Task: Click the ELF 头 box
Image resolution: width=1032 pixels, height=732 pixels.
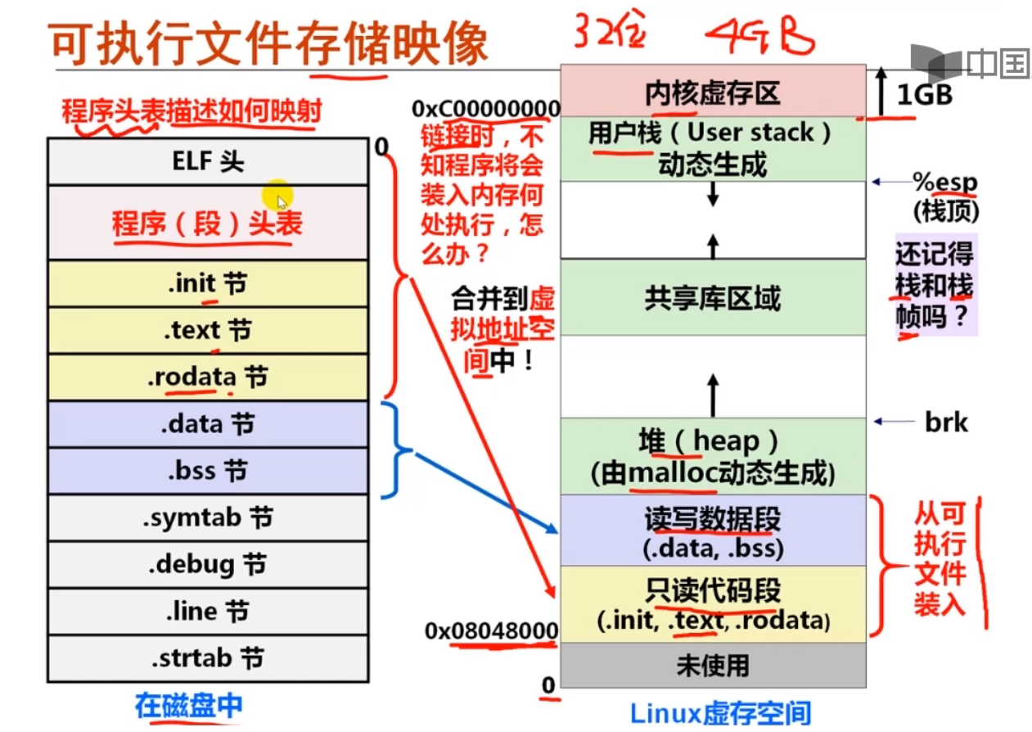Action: coord(208,161)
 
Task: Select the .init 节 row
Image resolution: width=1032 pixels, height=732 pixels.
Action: coord(208,284)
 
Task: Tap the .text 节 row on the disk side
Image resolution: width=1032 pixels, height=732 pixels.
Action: coord(208,331)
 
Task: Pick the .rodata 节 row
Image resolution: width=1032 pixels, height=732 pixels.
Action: coord(208,377)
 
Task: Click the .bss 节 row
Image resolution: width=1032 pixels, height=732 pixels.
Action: coord(208,471)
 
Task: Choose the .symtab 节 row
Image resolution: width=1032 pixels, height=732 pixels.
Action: coord(208,517)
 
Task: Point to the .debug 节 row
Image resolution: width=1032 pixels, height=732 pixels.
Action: coord(208,564)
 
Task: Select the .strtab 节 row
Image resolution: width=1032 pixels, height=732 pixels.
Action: coord(208,657)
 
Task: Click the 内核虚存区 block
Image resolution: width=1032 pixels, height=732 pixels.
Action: coord(712,92)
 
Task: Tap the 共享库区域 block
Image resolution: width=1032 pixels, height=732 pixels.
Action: coord(712,298)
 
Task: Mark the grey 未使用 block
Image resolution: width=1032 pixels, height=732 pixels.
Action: coord(712,665)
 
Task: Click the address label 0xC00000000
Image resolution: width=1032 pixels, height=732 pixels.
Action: coord(486,109)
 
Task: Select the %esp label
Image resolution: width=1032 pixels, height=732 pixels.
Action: coord(945,182)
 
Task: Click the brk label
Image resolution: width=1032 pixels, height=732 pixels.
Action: coord(946,422)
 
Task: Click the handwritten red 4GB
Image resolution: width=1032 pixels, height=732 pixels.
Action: coord(760,36)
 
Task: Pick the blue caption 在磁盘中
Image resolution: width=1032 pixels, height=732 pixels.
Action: coord(189,706)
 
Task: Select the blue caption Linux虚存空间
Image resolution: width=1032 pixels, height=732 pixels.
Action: coord(720,712)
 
